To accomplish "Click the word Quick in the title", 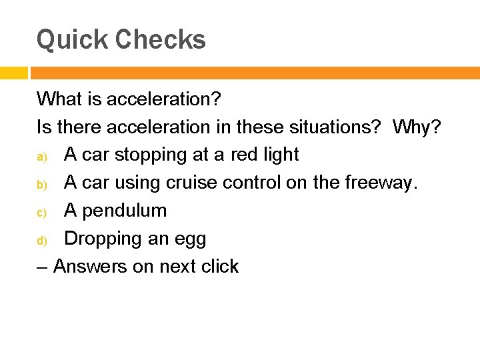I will tap(72, 40).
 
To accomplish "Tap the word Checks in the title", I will tap(161, 39).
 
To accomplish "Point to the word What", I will tap(59, 99).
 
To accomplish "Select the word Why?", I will tap(417, 127).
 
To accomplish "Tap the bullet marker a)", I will tap(41, 156).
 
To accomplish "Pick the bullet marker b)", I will tap(41, 184).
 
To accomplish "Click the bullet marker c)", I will tap(41, 212).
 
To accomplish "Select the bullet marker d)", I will tap(41, 240).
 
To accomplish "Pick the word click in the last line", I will tap(217, 267).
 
